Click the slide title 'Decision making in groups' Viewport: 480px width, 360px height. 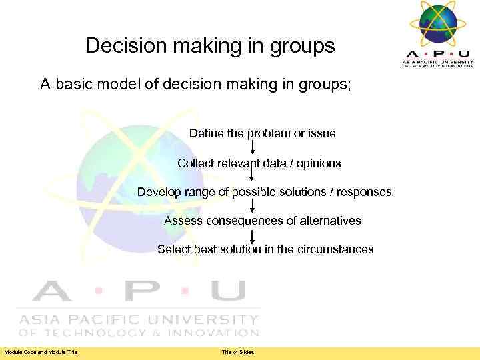pos(210,46)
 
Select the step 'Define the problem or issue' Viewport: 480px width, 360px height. pos(262,133)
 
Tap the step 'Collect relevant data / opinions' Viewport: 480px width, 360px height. pos(259,163)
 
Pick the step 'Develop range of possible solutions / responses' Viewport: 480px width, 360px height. pos(264,192)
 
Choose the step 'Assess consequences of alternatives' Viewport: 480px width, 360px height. pos(262,221)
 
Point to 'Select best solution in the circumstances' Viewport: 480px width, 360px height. pos(265,249)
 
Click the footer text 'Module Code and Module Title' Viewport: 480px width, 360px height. pos(41,352)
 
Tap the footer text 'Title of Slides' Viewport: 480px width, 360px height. pos(238,352)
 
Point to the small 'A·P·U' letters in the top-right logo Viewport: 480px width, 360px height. pos(438,53)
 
